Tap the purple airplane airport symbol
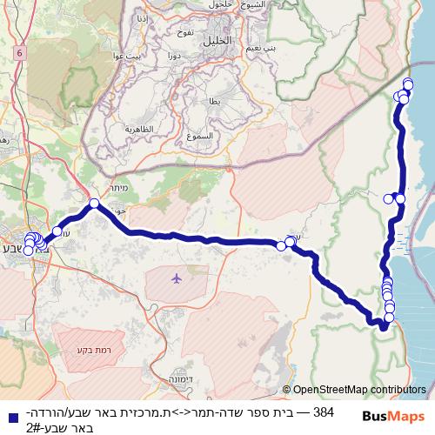(x=177, y=278)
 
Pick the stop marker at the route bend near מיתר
(x=94, y=204)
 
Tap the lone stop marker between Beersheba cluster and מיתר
(x=58, y=231)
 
